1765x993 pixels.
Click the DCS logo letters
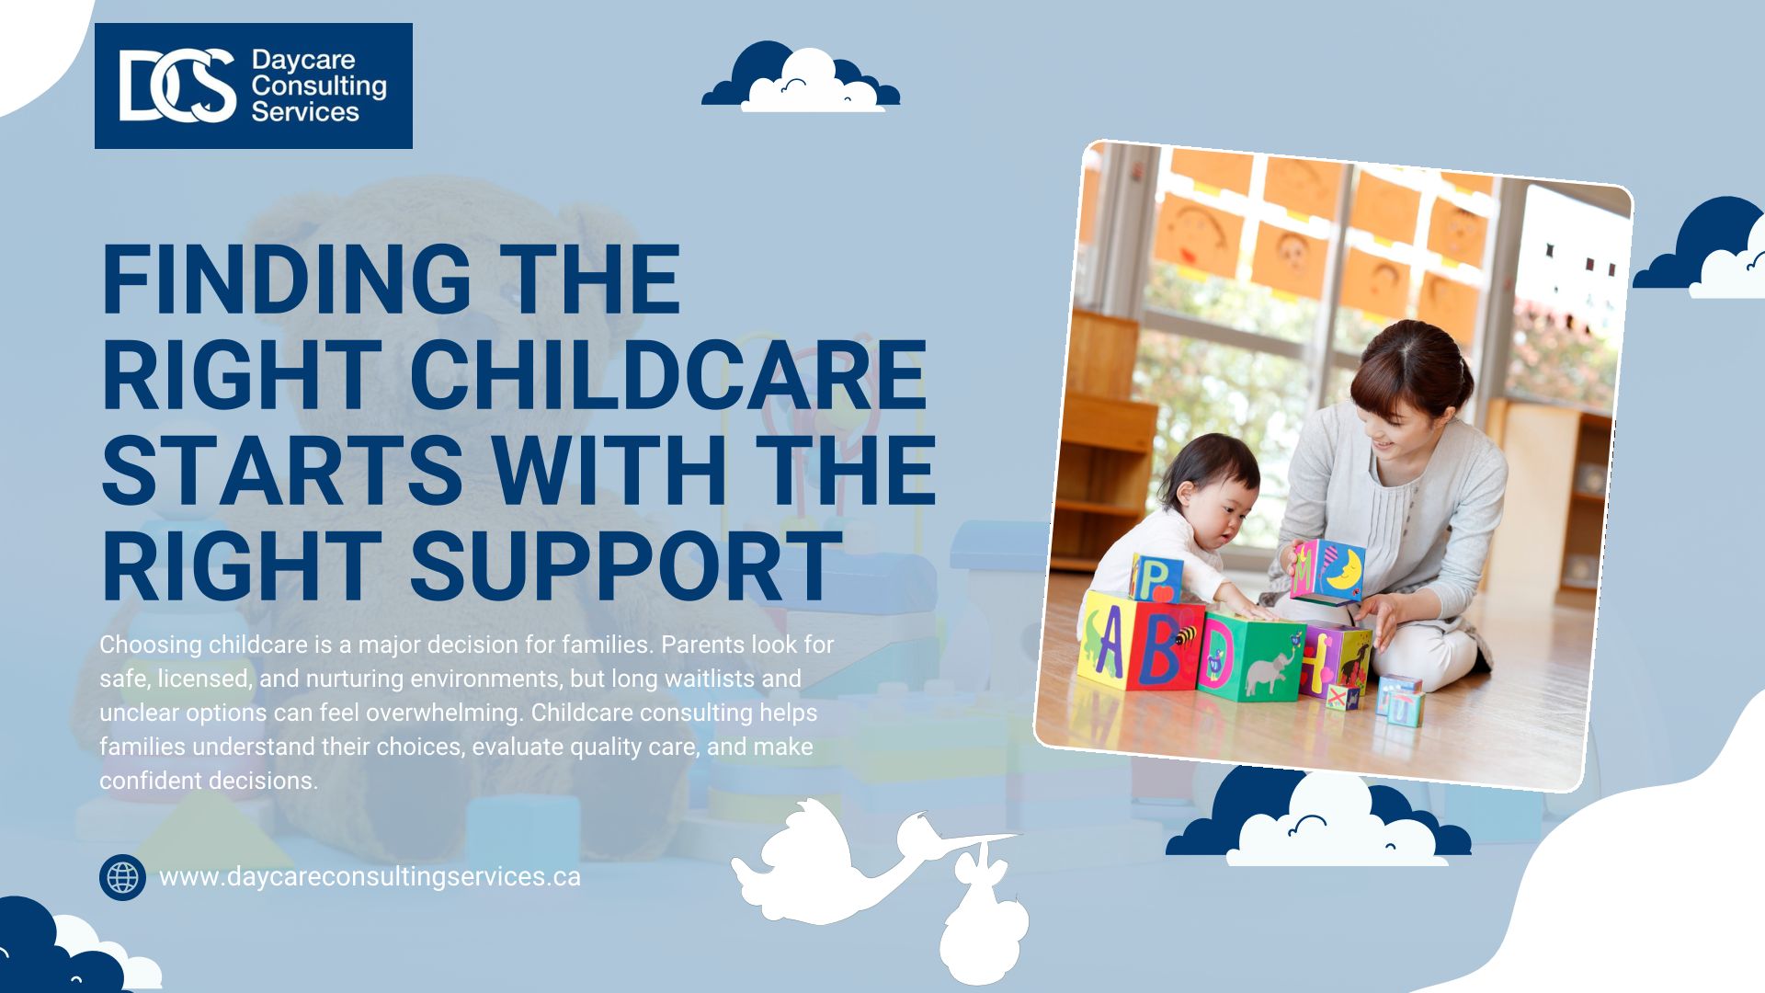pos(177,86)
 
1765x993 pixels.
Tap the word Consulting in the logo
pos(319,86)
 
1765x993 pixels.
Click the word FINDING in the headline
pos(284,280)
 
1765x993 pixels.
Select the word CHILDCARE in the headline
pos(668,374)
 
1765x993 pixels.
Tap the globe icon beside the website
pos(122,877)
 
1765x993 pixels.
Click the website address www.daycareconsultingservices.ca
pos(370,877)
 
